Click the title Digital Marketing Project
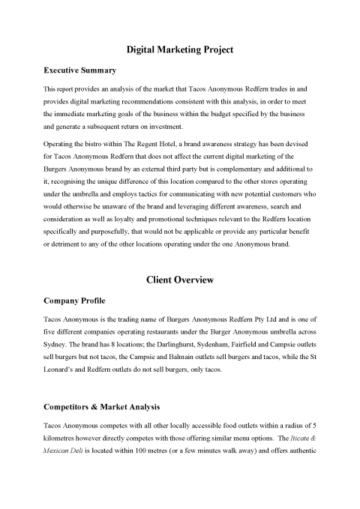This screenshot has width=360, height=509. coord(179,49)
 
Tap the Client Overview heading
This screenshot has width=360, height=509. coord(179,280)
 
